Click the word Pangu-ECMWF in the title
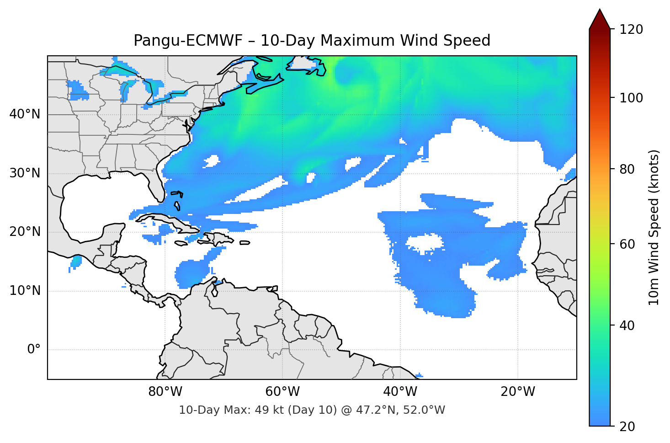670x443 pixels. coord(188,41)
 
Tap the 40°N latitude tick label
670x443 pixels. coord(25,114)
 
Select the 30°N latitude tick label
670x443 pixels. coord(25,173)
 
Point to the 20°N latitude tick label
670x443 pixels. coord(25,232)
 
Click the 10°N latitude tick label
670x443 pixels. coord(25,291)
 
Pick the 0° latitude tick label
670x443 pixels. coord(33,350)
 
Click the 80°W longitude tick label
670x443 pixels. coord(165,392)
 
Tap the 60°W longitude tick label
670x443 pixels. coord(283,392)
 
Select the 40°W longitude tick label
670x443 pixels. coord(400,392)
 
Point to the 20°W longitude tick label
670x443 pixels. coord(518,392)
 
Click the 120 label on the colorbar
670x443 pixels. coord(631,30)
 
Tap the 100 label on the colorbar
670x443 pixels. coord(631,98)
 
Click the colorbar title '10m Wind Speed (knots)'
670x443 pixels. coord(654,227)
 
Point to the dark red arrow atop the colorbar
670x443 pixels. coord(600,19)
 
